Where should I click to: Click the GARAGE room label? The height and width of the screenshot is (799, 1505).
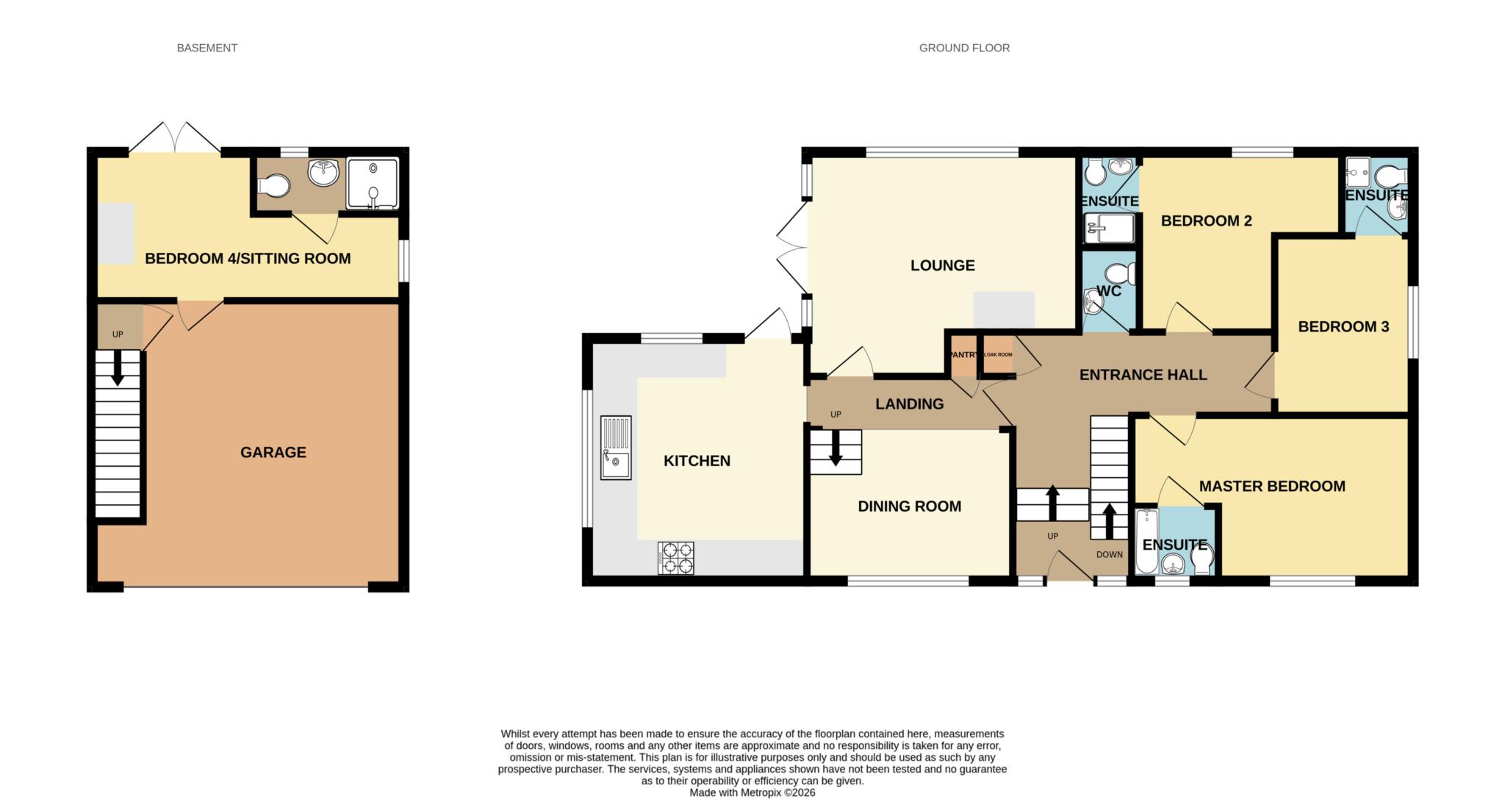(x=273, y=452)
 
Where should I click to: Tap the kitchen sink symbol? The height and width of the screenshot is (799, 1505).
(x=616, y=448)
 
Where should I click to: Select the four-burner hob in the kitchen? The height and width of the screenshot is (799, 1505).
(x=675, y=558)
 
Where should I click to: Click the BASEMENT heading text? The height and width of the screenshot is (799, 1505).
(x=206, y=48)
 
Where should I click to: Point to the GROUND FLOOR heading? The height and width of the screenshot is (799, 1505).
(x=964, y=48)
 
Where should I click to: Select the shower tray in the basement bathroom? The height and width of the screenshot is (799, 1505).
(x=373, y=184)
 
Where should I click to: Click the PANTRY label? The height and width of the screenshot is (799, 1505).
(x=963, y=355)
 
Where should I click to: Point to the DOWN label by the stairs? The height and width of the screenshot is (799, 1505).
(x=1109, y=554)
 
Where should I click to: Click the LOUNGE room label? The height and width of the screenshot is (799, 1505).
(x=942, y=265)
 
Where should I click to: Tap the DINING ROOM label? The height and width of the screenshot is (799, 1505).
(x=909, y=506)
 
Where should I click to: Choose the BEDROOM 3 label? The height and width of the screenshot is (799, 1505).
(x=1343, y=327)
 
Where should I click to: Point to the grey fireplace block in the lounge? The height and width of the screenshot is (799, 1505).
(x=1004, y=309)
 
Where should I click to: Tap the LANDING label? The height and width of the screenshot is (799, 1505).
(x=909, y=404)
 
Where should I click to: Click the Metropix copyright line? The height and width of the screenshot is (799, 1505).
(x=752, y=793)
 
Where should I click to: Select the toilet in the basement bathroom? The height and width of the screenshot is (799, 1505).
(x=273, y=185)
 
